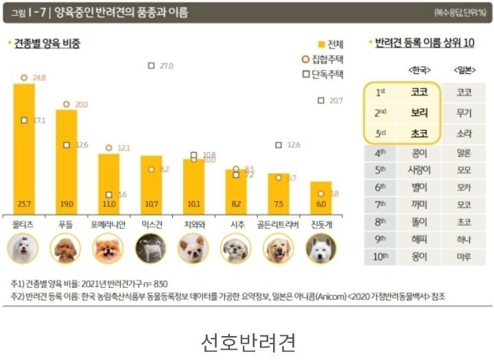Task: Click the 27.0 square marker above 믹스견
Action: pos(151,66)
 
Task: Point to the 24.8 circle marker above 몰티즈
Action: pos(24,78)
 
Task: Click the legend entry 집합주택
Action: pos(325,59)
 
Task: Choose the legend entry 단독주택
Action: pos(325,74)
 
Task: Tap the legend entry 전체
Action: pos(330,44)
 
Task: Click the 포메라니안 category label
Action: pos(108,224)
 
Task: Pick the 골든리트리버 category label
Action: pos(278,224)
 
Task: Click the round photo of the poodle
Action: pos(67,248)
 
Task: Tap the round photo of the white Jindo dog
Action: pos(320,248)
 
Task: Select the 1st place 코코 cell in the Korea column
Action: pos(419,92)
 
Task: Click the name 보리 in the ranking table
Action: pos(419,112)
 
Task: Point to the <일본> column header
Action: pos(464,70)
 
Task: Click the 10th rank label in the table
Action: pos(381,257)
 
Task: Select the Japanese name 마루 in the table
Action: pos(464,257)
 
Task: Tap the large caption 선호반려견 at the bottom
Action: pos(247,341)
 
